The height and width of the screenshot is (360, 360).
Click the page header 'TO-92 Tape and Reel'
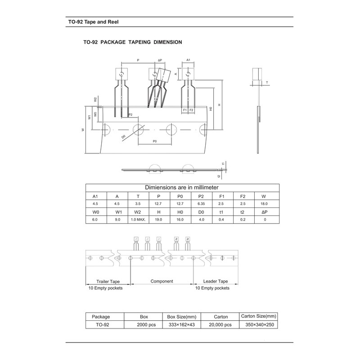[90, 21]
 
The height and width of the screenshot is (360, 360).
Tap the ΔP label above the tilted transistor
[160, 60]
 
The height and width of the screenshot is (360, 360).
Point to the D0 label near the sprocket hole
[123, 136]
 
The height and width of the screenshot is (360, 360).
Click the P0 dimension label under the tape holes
[154, 141]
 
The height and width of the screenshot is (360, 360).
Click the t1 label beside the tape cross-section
[223, 164]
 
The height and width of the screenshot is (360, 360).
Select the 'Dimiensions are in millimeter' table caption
[181, 187]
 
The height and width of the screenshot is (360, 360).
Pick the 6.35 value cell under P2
[202, 204]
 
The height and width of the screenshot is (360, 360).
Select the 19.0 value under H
[158, 220]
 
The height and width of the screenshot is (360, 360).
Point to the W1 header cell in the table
[117, 211]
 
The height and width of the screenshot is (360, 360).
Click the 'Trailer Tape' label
[108, 281]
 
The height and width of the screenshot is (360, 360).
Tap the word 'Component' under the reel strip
[162, 281]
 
